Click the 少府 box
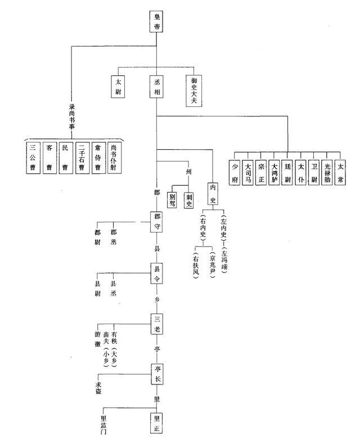pos(235,173)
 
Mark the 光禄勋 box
pos(327,173)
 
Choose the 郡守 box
pos(157,222)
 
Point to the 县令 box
pos(157,272)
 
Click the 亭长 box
pos(157,374)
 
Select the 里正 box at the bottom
pos(157,422)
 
